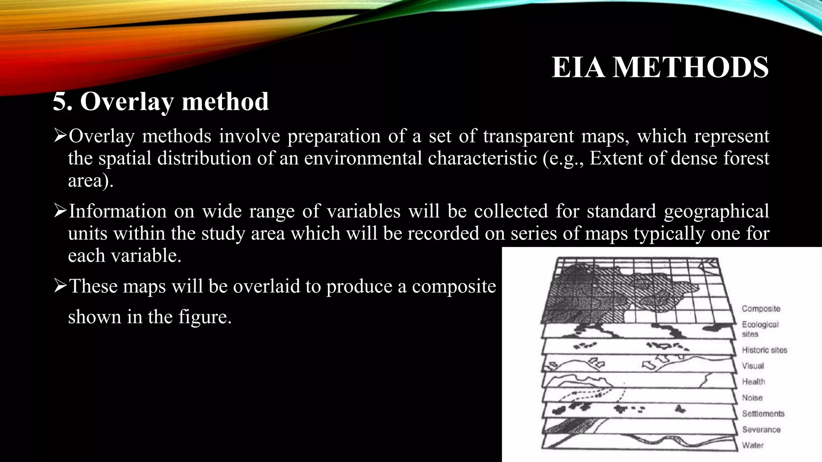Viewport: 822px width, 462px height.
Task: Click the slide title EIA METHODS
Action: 660,67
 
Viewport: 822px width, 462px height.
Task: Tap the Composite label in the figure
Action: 761,309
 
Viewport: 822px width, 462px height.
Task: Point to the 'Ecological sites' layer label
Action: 760,329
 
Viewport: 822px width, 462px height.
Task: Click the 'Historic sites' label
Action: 765,350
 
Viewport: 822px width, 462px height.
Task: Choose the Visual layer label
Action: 753,366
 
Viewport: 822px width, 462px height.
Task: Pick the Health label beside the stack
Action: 753,382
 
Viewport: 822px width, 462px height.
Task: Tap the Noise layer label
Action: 752,398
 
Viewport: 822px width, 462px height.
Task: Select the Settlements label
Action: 763,413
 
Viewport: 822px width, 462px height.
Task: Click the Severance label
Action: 761,430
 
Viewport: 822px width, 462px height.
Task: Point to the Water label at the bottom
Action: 753,445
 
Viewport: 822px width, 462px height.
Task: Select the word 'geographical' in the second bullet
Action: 716,211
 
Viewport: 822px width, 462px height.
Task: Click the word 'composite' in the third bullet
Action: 454,286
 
